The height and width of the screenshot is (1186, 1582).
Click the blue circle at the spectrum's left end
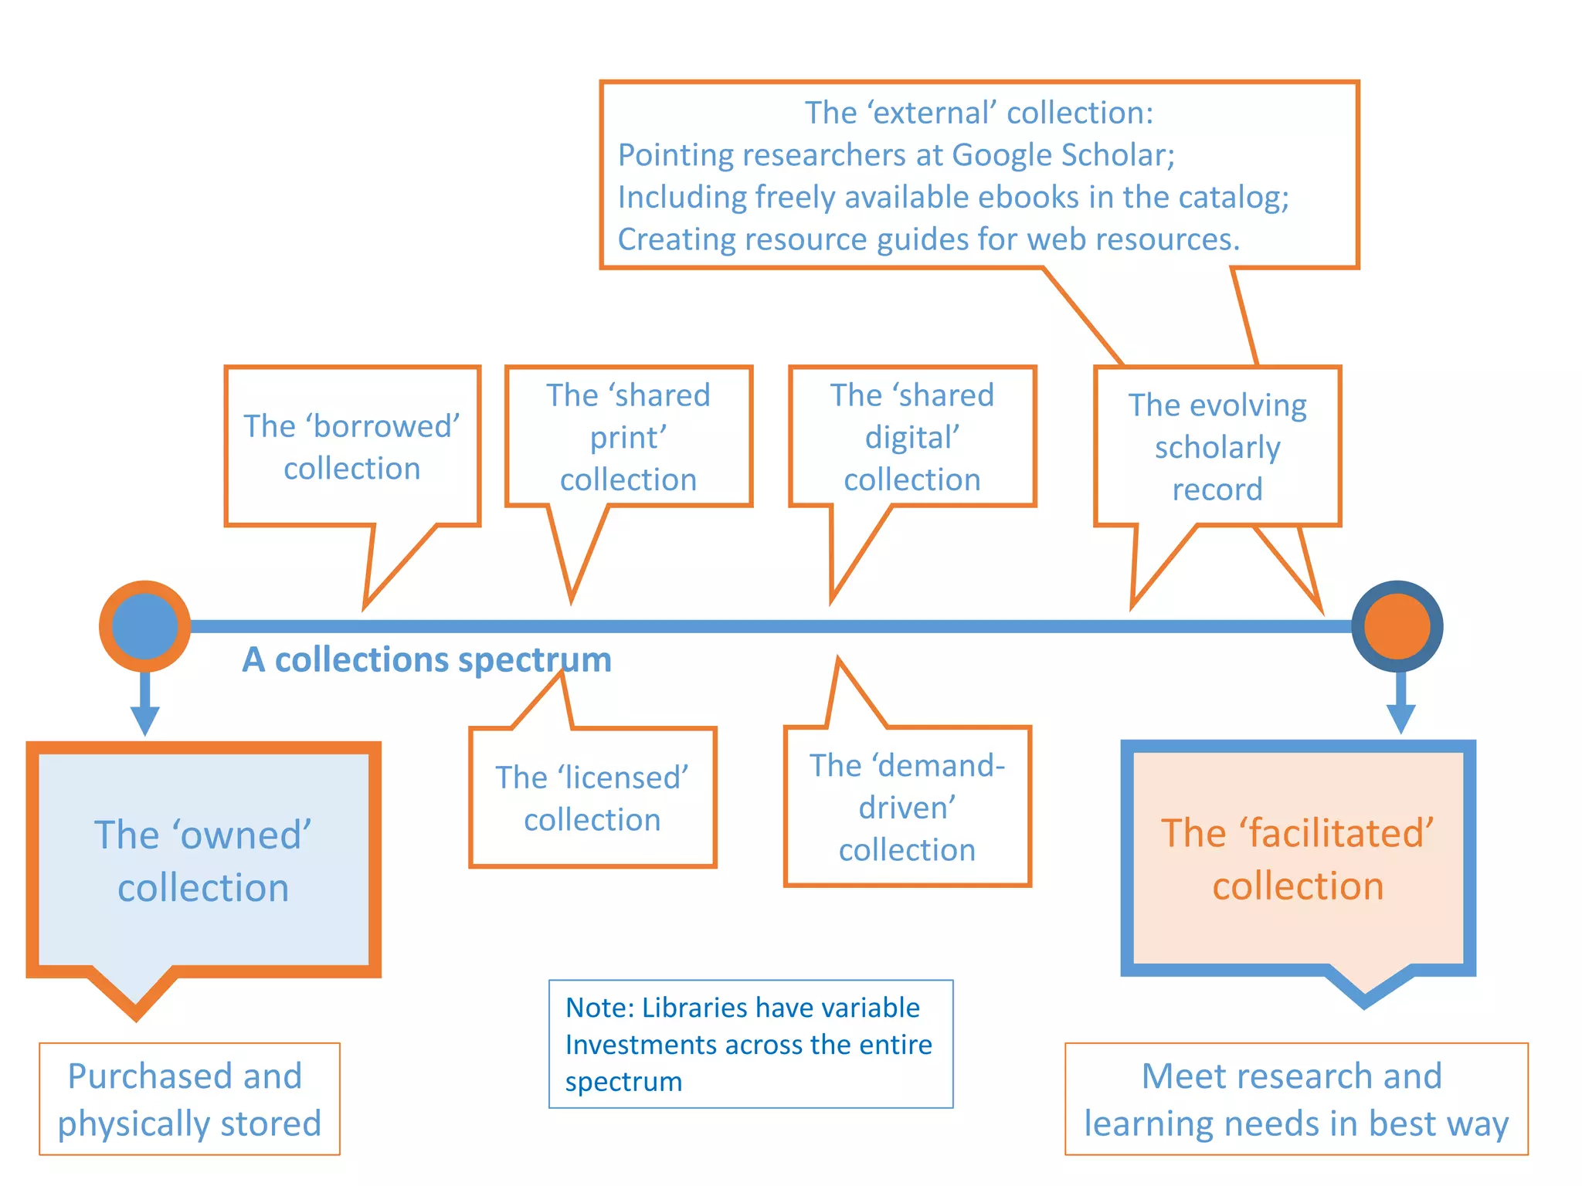coord(144,626)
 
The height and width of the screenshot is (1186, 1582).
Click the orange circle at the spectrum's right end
coord(1397,626)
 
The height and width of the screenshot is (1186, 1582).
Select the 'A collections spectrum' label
coord(426,660)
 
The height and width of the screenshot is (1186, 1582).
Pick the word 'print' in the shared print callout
coord(627,438)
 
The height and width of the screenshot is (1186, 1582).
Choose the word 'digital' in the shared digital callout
coord(912,438)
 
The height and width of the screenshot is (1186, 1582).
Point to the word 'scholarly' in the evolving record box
coord(1217,448)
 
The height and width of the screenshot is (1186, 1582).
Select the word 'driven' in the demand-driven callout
coord(906,808)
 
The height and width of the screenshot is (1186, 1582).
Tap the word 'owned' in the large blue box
coord(242,835)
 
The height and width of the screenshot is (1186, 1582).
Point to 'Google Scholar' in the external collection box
coord(1063,155)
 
